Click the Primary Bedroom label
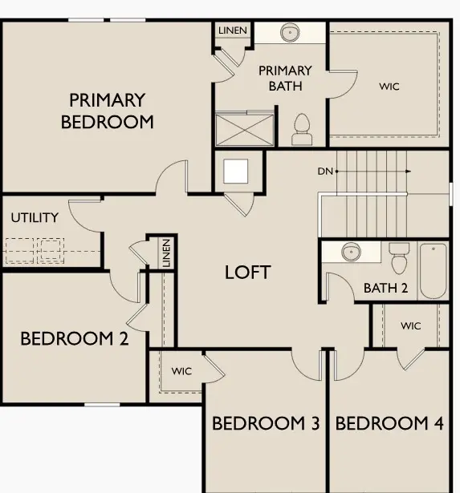point(107,111)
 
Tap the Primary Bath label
point(285,78)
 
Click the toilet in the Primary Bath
point(302,128)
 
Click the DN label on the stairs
point(324,171)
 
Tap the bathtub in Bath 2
point(432,270)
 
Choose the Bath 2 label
point(385,288)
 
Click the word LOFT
point(247,272)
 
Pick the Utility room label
point(35,217)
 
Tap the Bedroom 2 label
point(74,338)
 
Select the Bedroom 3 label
point(266,423)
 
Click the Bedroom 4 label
point(389,423)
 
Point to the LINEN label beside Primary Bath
point(232,30)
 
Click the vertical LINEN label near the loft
point(166,253)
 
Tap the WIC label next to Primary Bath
point(389,86)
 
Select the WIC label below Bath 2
point(411,325)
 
